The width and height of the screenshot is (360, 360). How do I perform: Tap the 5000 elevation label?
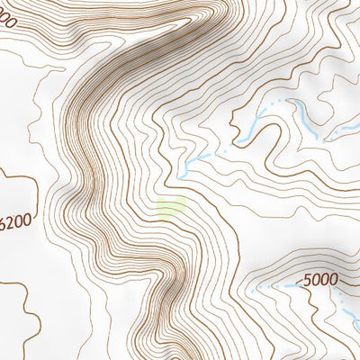(320, 280)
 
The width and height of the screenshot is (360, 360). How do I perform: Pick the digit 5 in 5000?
(309, 280)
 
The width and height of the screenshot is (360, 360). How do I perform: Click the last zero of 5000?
(334, 280)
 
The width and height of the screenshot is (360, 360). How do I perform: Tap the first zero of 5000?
(317, 280)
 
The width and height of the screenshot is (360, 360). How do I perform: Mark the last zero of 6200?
(31, 220)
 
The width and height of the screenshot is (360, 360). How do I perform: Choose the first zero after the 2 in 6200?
(22, 220)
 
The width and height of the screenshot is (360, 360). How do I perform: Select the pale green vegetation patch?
(170, 209)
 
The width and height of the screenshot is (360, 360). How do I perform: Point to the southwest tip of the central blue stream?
(179, 170)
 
